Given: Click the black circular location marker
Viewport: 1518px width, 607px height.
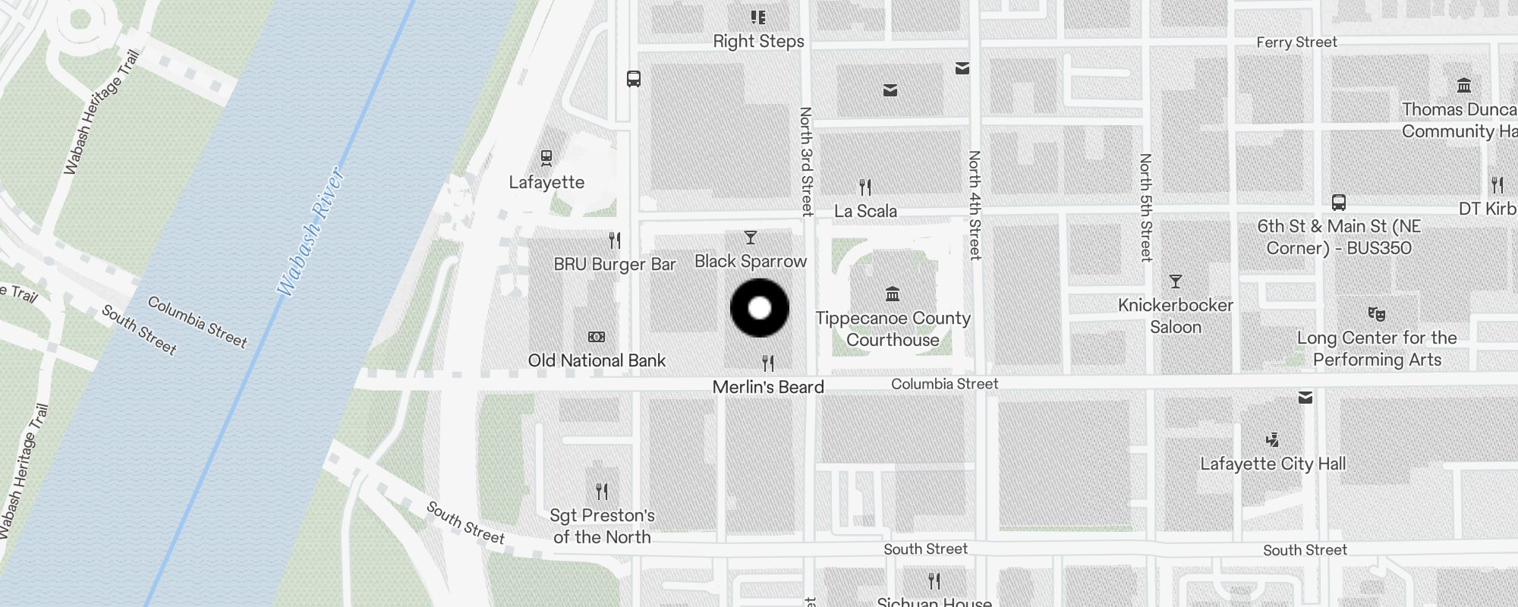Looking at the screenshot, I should tap(760, 308).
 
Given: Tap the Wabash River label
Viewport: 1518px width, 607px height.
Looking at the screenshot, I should tap(311, 232).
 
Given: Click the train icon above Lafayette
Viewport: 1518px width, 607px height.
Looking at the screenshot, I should tap(546, 158).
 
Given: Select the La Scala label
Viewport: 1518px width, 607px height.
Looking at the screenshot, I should tap(865, 211).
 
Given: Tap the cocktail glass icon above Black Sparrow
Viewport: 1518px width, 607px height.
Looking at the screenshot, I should tap(751, 238).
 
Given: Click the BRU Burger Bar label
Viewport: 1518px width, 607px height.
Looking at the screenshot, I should tap(614, 264).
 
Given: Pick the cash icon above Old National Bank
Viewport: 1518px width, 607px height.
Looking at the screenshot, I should tap(597, 337).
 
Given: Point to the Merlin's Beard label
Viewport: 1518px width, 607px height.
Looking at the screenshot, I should tap(768, 387).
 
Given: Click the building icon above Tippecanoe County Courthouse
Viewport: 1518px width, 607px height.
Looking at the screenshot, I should tap(893, 294).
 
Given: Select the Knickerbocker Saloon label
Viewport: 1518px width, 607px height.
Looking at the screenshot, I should tap(1175, 316).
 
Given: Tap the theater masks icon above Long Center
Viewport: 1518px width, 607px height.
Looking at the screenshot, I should tap(1376, 313).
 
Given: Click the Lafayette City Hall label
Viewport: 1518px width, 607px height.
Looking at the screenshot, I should tap(1273, 464).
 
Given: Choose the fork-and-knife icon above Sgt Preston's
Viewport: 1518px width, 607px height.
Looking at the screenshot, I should tap(602, 492).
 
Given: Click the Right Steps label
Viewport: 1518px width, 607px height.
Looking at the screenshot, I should tap(758, 42).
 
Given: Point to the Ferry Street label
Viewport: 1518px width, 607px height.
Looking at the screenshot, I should tap(1296, 42).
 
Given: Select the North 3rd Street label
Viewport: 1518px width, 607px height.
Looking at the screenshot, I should tap(806, 161).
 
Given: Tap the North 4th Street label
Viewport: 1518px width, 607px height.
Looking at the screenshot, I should tap(975, 205).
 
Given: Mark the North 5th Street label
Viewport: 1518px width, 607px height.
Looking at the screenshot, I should tap(1145, 207).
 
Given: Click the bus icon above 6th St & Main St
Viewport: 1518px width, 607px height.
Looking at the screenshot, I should tap(1338, 203).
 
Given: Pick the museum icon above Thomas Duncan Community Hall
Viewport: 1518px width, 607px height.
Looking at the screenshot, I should tap(1464, 85).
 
